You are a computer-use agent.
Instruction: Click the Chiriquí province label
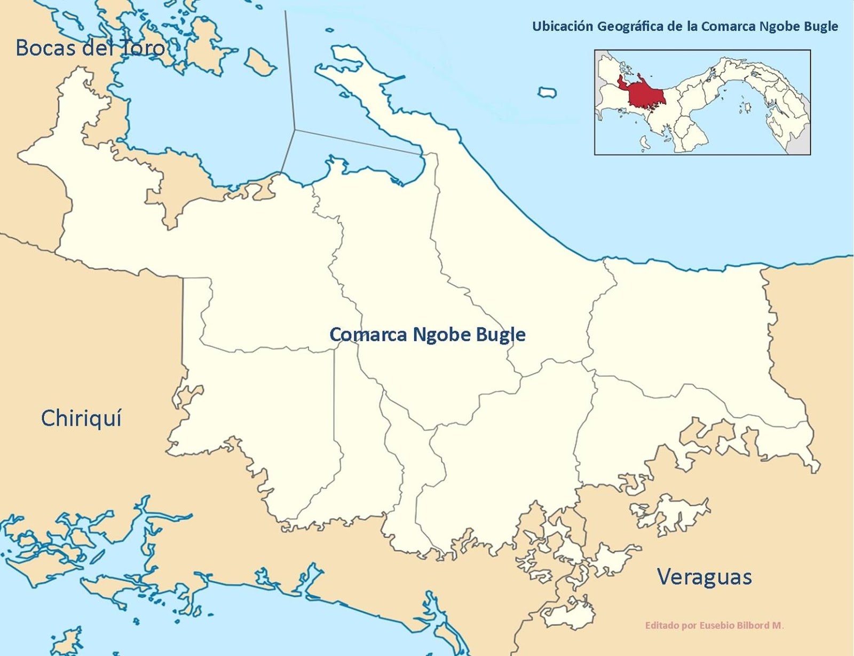pyautogui.click(x=81, y=418)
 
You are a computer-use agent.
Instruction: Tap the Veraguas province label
pyautogui.click(x=704, y=577)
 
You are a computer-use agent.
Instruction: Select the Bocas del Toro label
pyautogui.click(x=90, y=48)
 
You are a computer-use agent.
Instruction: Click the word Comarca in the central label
pyautogui.click(x=364, y=334)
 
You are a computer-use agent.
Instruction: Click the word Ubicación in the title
pyautogui.click(x=562, y=26)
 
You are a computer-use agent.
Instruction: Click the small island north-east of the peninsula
pyautogui.click(x=547, y=92)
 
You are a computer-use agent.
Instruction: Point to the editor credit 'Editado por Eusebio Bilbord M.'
pyautogui.click(x=714, y=625)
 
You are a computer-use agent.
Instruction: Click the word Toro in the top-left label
pyautogui.click(x=143, y=48)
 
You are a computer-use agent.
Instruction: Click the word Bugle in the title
pyautogui.click(x=821, y=26)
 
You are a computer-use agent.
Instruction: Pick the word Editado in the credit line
pyautogui.click(x=662, y=625)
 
